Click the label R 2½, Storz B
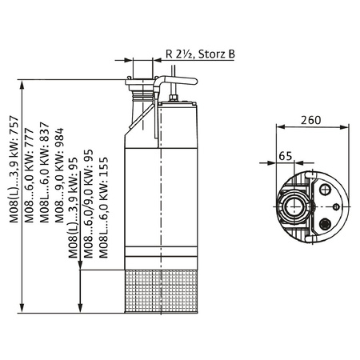[200, 54]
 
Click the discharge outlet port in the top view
[294, 206]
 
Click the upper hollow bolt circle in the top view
[325, 189]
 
